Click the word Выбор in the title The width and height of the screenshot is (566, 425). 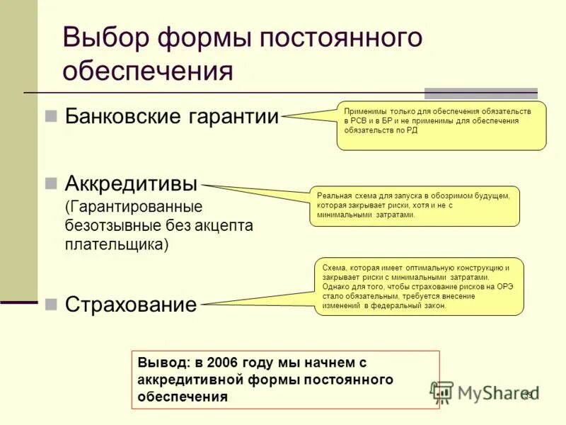105,37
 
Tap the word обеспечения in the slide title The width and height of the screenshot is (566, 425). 147,71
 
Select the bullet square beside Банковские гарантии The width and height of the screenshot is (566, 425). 50,116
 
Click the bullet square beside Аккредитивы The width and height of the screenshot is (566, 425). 50,183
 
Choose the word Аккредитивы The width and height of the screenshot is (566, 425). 131,183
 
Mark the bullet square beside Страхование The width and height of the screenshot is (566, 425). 50,305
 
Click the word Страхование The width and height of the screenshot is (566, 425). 131,305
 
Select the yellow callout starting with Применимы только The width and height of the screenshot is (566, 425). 441,125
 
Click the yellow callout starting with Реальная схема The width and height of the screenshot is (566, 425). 415,205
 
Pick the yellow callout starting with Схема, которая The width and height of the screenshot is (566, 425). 419,286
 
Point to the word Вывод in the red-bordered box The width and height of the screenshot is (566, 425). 161,363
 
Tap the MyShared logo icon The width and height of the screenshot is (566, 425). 442,392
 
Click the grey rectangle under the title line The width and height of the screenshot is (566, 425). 480,93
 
